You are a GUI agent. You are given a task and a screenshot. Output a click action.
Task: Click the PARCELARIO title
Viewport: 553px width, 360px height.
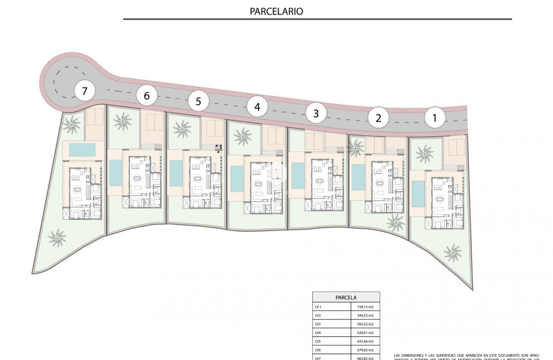pyautogui.click(x=276, y=11)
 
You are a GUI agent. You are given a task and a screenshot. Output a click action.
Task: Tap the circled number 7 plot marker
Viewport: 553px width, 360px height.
pyautogui.click(x=85, y=91)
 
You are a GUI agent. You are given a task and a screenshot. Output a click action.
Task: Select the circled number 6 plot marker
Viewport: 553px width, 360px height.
pyautogui.click(x=147, y=96)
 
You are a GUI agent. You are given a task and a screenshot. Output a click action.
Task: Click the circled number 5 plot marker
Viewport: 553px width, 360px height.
pyautogui.click(x=198, y=101)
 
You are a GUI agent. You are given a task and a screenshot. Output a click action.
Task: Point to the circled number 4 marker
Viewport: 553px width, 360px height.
pyautogui.click(x=257, y=107)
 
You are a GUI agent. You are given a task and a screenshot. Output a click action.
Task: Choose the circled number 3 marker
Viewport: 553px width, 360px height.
pyautogui.click(x=316, y=113)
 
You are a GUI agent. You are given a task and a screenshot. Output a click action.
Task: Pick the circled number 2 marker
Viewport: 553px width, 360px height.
pyautogui.click(x=378, y=118)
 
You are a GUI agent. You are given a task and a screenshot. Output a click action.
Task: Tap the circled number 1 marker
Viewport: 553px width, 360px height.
pyautogui.click(x=434, y=118)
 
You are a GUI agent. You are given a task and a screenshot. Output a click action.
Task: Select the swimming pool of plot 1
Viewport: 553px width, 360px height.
pyautogui.click(x=418, y=194)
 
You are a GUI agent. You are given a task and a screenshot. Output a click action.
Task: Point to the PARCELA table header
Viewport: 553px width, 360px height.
pyautogui.click(x=346, y=298)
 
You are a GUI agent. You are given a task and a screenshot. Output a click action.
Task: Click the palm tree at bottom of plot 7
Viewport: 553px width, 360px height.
pyautogui.click(x=57, y=238)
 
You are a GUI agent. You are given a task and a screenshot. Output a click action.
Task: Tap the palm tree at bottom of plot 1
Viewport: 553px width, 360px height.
pyautogui.click(x=453, y=252)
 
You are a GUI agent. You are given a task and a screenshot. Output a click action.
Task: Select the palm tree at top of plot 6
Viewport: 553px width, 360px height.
pyautogui.click(x=123, y=122)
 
